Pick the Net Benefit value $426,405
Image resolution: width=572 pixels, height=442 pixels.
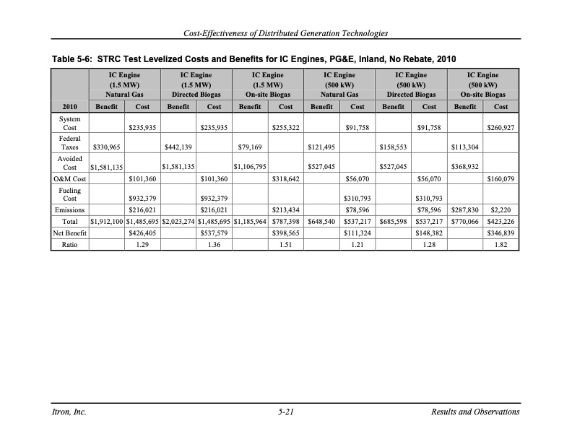pos(142,233)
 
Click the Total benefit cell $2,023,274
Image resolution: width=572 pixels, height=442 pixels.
pos(178,222)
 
